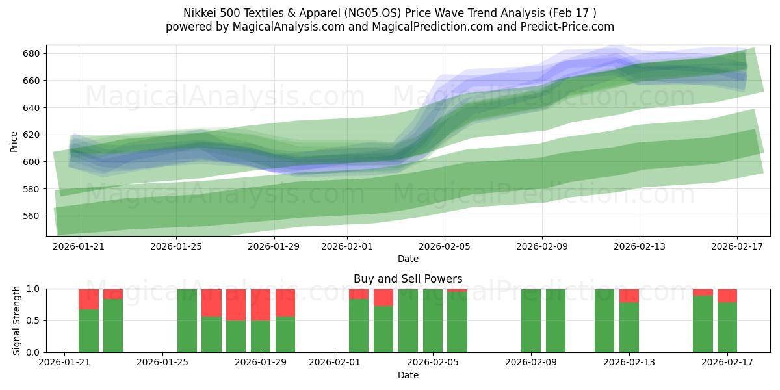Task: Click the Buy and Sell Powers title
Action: point(408,279)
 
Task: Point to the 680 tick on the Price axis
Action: point(33,53)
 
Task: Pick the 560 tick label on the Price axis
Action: point(33,216)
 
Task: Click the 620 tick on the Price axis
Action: point(33,135)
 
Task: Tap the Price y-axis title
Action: point(14,140)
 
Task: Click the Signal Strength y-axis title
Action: point(17,320)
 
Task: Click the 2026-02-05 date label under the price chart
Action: point(445,247)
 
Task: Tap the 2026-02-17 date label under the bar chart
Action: point(727,363)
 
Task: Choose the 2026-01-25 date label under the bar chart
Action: point(162,363)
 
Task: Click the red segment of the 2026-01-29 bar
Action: point(261,304)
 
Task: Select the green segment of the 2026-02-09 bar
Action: point(531,320)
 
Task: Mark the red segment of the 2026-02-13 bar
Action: point(629,295)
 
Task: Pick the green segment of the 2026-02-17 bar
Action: point(727,327)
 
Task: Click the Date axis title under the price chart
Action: point(408,259)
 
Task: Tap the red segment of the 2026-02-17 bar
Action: point(727,295)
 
